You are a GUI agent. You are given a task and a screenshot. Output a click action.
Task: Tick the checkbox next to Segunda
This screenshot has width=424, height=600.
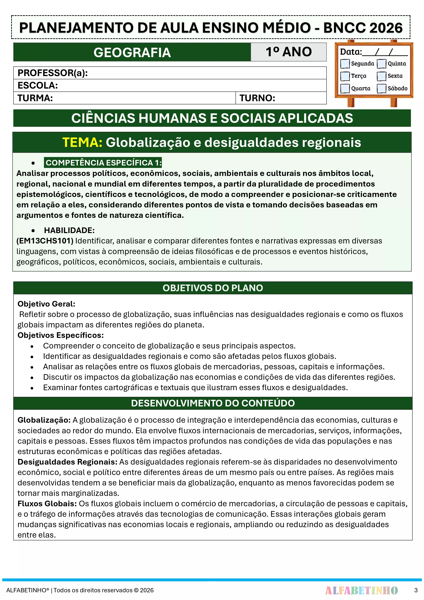click(x=345, y=63)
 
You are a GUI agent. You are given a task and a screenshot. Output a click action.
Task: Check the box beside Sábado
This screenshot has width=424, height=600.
click(x=381, y=88)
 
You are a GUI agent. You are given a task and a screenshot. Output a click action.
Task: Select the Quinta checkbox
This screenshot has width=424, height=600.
click(x=381, y=63)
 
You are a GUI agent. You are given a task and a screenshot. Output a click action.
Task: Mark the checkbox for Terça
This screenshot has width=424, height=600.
click(x=345, y=76)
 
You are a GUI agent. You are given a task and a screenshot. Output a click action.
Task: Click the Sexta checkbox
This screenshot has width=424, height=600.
click(x=381, y=76)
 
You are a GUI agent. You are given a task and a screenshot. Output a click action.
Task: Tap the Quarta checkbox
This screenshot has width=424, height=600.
click(x=345, y=88)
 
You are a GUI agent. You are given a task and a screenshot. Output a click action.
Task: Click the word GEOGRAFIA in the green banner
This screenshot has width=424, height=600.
click(x=132, y=52)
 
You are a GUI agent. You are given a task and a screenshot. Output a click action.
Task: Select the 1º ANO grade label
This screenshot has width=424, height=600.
click(x=288, y=52)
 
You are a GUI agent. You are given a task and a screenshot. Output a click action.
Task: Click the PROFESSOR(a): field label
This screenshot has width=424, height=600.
click(x=52, y=73)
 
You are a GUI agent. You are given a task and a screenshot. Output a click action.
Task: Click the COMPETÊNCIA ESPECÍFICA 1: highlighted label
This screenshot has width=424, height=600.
click(x=103, y=163)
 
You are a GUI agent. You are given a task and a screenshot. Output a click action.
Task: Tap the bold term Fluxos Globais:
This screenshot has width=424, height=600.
click(x=47, y=504)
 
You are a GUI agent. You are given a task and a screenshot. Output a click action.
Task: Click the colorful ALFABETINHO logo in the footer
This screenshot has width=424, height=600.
click(x=361, y=590)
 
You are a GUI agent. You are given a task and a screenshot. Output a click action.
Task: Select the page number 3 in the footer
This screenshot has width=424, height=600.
click(x=416, y=590)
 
